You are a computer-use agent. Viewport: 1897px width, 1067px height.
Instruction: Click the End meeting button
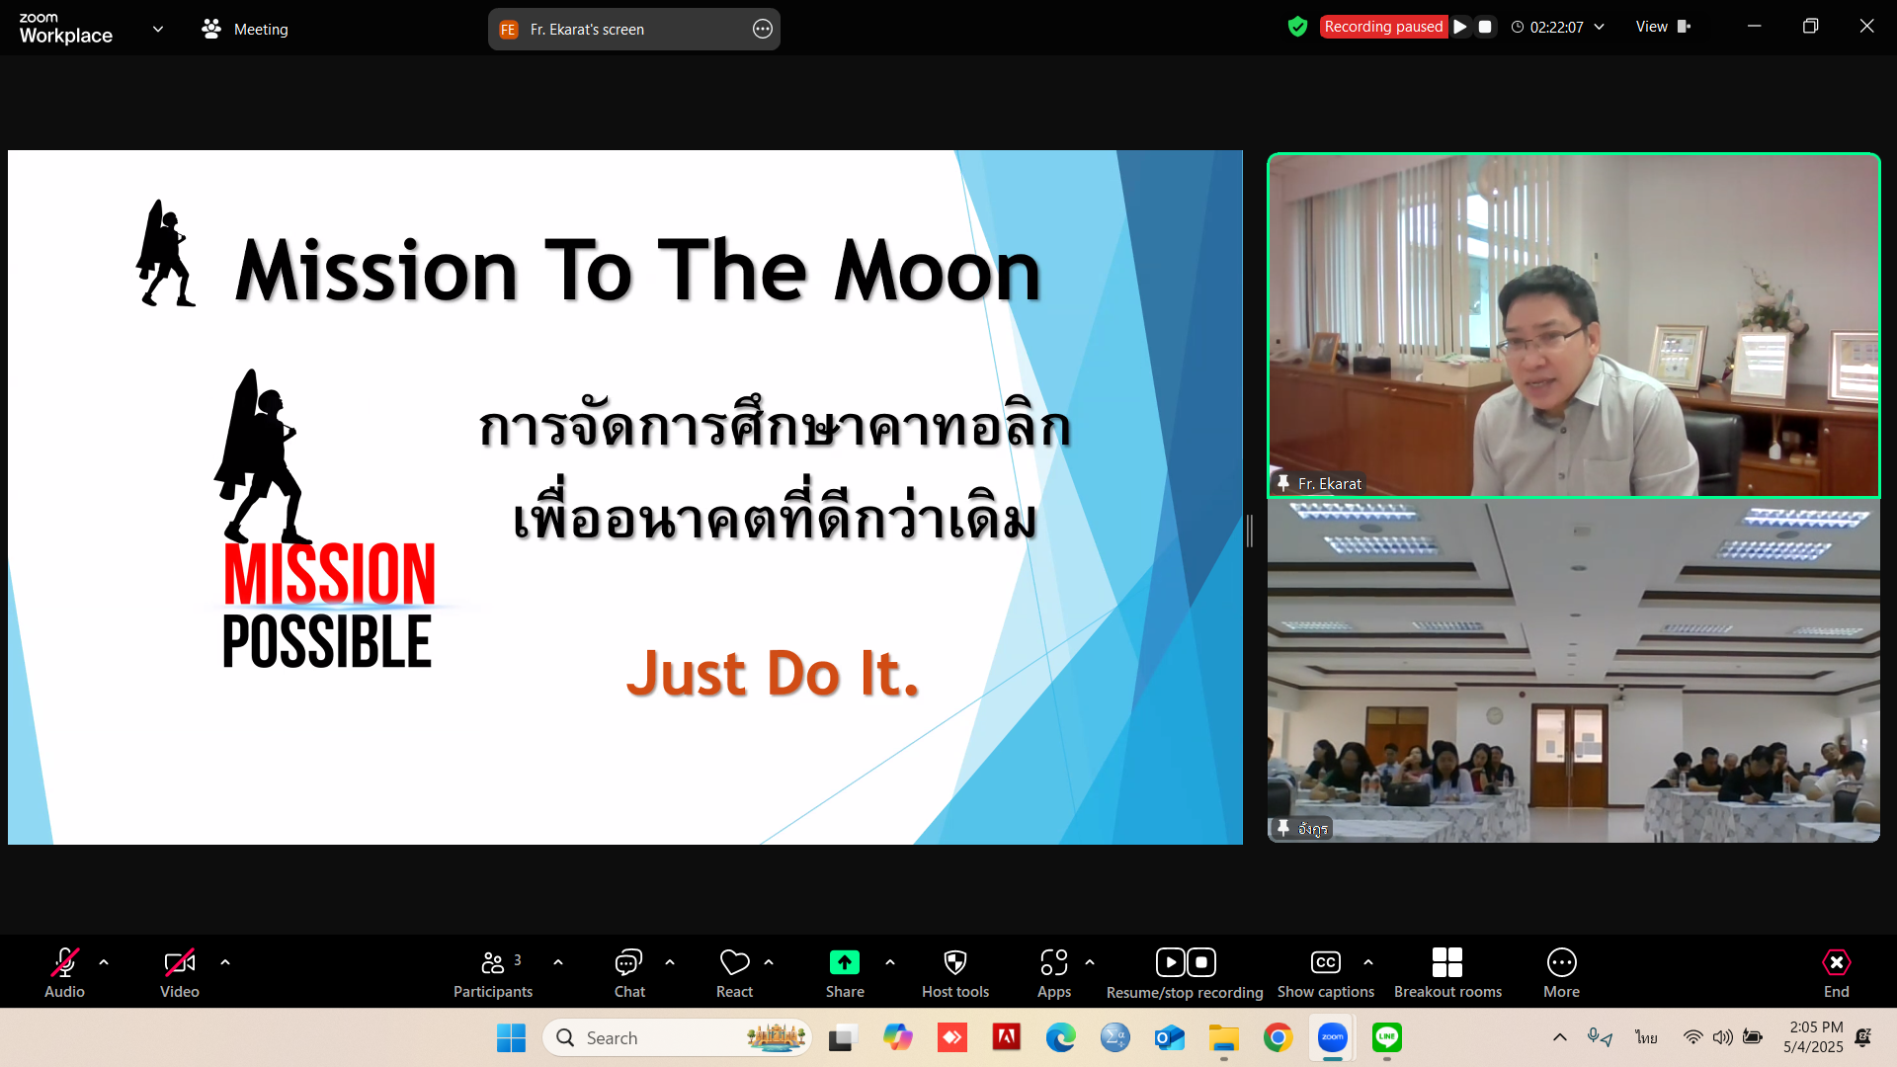pyautogui.click(x=1836, y=973)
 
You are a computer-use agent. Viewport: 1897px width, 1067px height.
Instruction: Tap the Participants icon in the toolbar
pyautogui.click(x=493, y=962)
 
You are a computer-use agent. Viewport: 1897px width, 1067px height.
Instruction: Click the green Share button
pyautogui.click(x=845, y=962)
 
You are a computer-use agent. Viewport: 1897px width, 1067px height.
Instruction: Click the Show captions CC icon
pyautogui.click(x=1326, y=962)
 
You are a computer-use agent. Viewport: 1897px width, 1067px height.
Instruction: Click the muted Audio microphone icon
pyautogui.click(x=65, y=962)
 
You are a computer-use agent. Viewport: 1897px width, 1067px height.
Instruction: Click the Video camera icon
pyautogui.click(x=180, y=962)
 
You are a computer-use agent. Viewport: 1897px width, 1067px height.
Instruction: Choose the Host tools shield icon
pyautogui.click(x=955, y=962)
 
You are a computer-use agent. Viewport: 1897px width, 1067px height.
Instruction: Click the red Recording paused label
pyautogui.click(x=1383, y=27)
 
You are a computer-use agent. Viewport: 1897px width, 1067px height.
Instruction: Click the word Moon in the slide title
pyautogui.click(x=938, y=272)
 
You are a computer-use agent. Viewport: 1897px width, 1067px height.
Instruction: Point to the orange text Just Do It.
pyautogui.click(x=773, y=674)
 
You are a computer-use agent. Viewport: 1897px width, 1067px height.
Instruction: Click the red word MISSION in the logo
pyautogui.click(x=329, y=574)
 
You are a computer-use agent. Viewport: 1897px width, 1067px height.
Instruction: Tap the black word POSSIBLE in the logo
pyautogui.click(x=327, y=641)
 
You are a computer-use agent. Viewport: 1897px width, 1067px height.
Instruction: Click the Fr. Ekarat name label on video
pyautogui.click(x=1330, y=483)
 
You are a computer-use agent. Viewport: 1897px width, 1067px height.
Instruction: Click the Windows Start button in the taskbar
pyautogui.click(x=511, y=1038)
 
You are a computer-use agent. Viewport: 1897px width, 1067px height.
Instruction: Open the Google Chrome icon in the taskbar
pyautogui.click(x=1278, y=1037)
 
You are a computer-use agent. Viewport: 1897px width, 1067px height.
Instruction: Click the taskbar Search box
pyautogui.click(x=678, y=1037)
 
